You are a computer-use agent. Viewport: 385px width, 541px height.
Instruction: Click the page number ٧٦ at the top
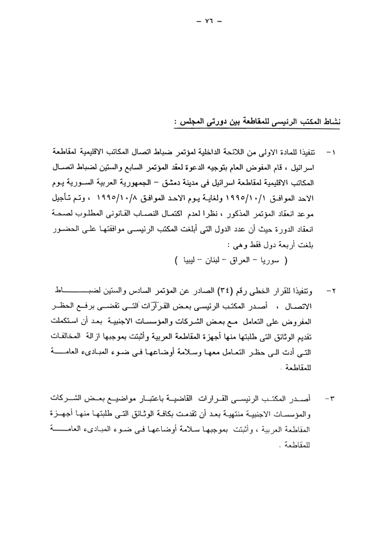(192, 22)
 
